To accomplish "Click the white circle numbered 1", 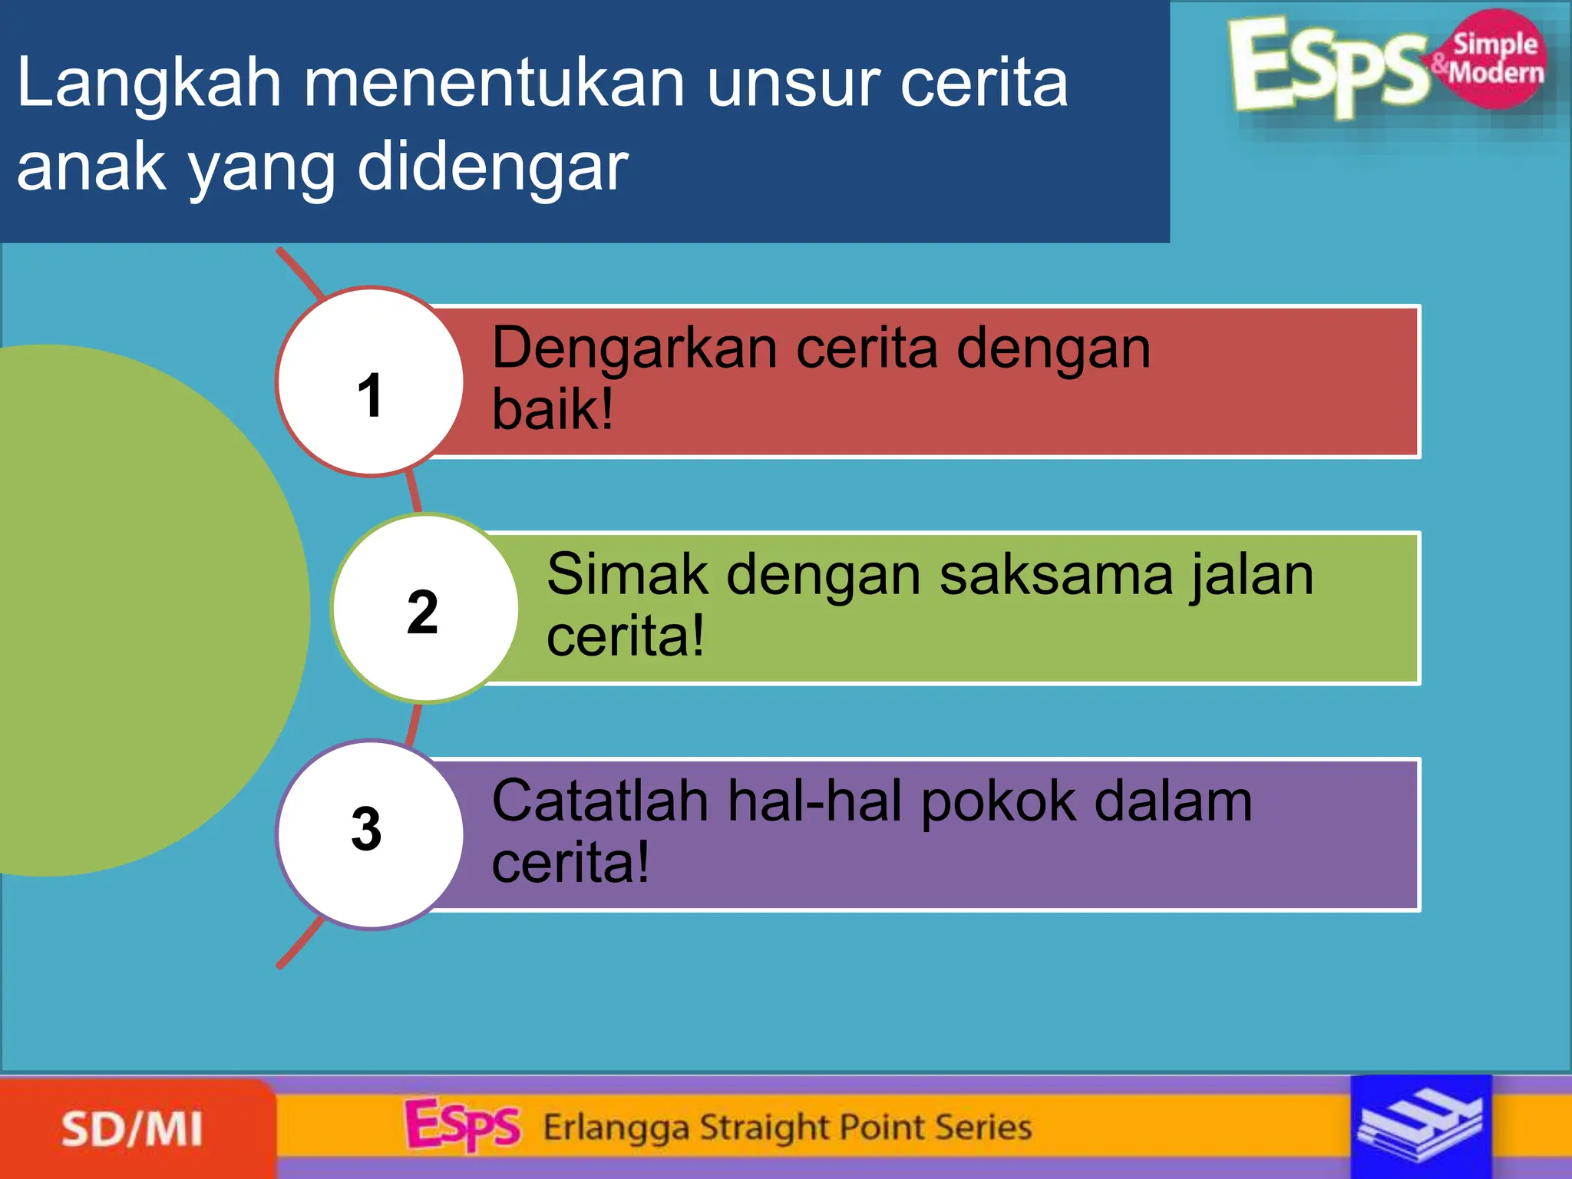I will tap(370, 382).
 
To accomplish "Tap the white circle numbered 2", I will tap(425, 609).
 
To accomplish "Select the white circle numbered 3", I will tap(370, 834).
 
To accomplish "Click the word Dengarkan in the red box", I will tap(634, 349).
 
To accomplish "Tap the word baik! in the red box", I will tap(552, 410).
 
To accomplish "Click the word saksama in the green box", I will tap(1056, 575).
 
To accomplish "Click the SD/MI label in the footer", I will tap(132, 1129).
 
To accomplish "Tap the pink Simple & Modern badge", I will tap(1495, 58).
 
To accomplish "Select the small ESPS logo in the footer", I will tap(462, 1125).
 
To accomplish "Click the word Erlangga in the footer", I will tap(616, 1128).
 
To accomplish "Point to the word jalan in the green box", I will tap(1251, 575).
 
